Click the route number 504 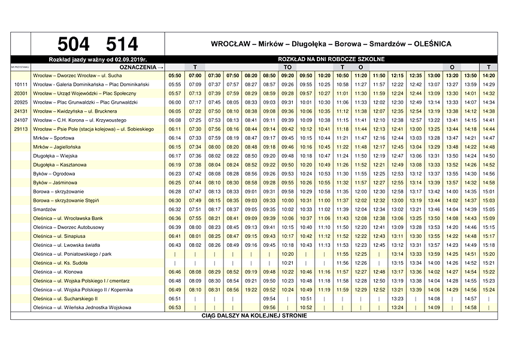[74, 44]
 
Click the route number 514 [122, 44]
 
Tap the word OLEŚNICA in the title [431, 44]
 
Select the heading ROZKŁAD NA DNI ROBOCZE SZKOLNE [331, 59]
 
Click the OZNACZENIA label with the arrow [142, 67]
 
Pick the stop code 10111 [21, 85]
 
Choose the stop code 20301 [21, 93]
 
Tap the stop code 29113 [21, 129]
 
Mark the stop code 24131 [21, 111]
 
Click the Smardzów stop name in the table [45, 210]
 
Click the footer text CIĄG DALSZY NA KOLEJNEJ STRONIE [254, 316]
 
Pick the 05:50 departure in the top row [175, 76]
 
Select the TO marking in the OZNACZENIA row [287, 67]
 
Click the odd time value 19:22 [251, 290]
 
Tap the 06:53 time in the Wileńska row [175, 308]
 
